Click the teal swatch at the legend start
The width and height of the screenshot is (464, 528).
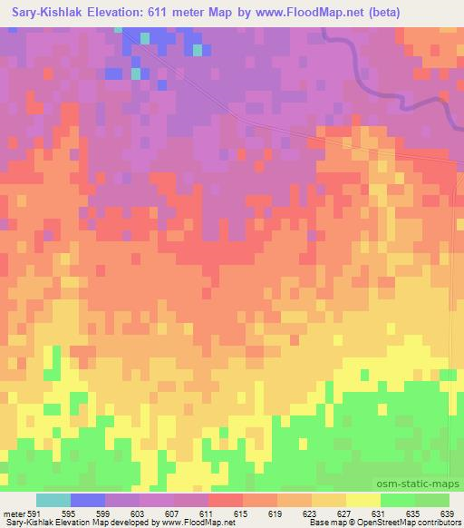click(53, 500)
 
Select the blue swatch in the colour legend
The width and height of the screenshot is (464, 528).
click(88, 500)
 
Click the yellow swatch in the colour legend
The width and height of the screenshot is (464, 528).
click(363, 500)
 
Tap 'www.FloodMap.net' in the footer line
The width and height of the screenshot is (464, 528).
click(196, 523)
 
